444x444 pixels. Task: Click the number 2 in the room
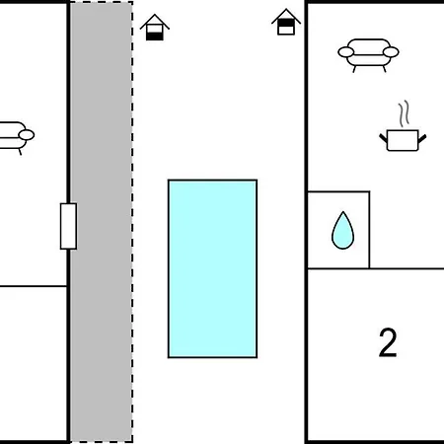[388, 342]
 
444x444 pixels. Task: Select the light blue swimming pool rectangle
[212, 268]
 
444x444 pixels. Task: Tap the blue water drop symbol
[342, 230]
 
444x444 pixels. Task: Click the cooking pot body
[403, 140]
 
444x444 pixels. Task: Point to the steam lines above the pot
[405, 113]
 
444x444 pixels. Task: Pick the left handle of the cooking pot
[383, 137]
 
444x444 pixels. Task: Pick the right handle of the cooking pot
[422, 138]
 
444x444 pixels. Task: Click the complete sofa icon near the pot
[368, 55]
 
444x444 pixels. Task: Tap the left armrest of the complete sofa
[346, 52]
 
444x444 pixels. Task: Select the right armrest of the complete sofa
[391, 52]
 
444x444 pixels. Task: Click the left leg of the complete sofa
[354, 69]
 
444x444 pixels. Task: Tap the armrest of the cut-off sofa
[27, 135]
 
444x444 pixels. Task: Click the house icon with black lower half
[155, 28]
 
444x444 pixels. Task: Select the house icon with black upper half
[286, 22]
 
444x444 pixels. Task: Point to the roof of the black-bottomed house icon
[155, 22]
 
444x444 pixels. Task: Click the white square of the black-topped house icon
[286, 30]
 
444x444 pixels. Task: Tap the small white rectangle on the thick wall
[68, 226]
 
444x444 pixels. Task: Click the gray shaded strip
[102, 222]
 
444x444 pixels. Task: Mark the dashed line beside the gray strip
[132, 222]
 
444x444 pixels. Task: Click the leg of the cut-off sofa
[20, 152]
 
